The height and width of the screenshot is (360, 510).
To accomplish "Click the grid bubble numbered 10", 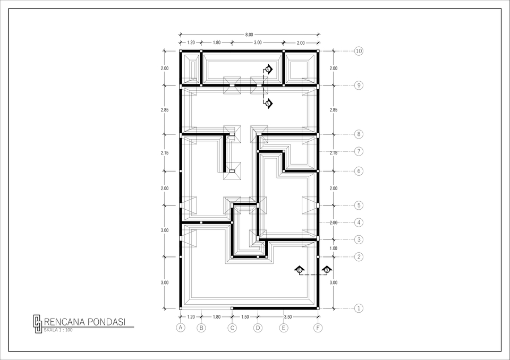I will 359,52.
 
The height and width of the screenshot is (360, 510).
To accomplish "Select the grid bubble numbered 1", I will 359,308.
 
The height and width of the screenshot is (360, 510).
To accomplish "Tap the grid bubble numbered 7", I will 359,151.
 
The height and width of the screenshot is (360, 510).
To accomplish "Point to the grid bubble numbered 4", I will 359,222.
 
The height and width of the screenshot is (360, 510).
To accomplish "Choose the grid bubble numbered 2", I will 359,257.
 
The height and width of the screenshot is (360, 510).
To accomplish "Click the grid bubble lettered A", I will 181,328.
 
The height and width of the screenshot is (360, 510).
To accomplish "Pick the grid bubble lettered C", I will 232,328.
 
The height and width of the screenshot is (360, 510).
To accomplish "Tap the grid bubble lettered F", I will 318,328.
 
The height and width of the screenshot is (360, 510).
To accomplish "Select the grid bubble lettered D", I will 258,328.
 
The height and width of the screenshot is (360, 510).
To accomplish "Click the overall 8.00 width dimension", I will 249,35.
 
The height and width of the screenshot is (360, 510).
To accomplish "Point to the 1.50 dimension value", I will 245,317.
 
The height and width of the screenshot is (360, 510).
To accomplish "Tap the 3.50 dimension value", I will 288,317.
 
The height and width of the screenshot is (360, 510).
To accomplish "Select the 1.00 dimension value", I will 333,248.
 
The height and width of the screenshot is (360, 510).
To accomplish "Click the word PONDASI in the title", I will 106,322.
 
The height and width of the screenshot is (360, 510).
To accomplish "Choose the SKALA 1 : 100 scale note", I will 58,330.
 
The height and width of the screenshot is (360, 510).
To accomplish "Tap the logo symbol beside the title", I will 37,324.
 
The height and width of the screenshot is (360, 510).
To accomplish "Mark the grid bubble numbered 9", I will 359,85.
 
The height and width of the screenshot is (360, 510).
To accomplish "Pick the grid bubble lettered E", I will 284,328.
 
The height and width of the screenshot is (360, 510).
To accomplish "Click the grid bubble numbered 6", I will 359,172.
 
